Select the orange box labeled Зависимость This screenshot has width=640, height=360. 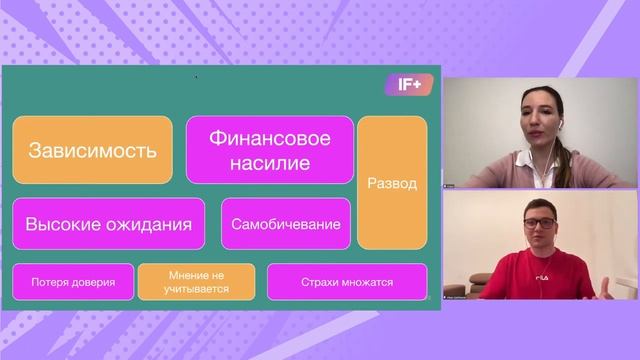[93, 151]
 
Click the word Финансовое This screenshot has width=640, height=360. [270, 137]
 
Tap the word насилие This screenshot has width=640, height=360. [270, 162]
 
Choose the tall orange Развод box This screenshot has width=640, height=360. [392, 183]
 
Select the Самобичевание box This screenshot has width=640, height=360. [286, 223]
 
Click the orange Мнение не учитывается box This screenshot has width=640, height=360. [197, 282]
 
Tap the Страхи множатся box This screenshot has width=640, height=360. [346, 282]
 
